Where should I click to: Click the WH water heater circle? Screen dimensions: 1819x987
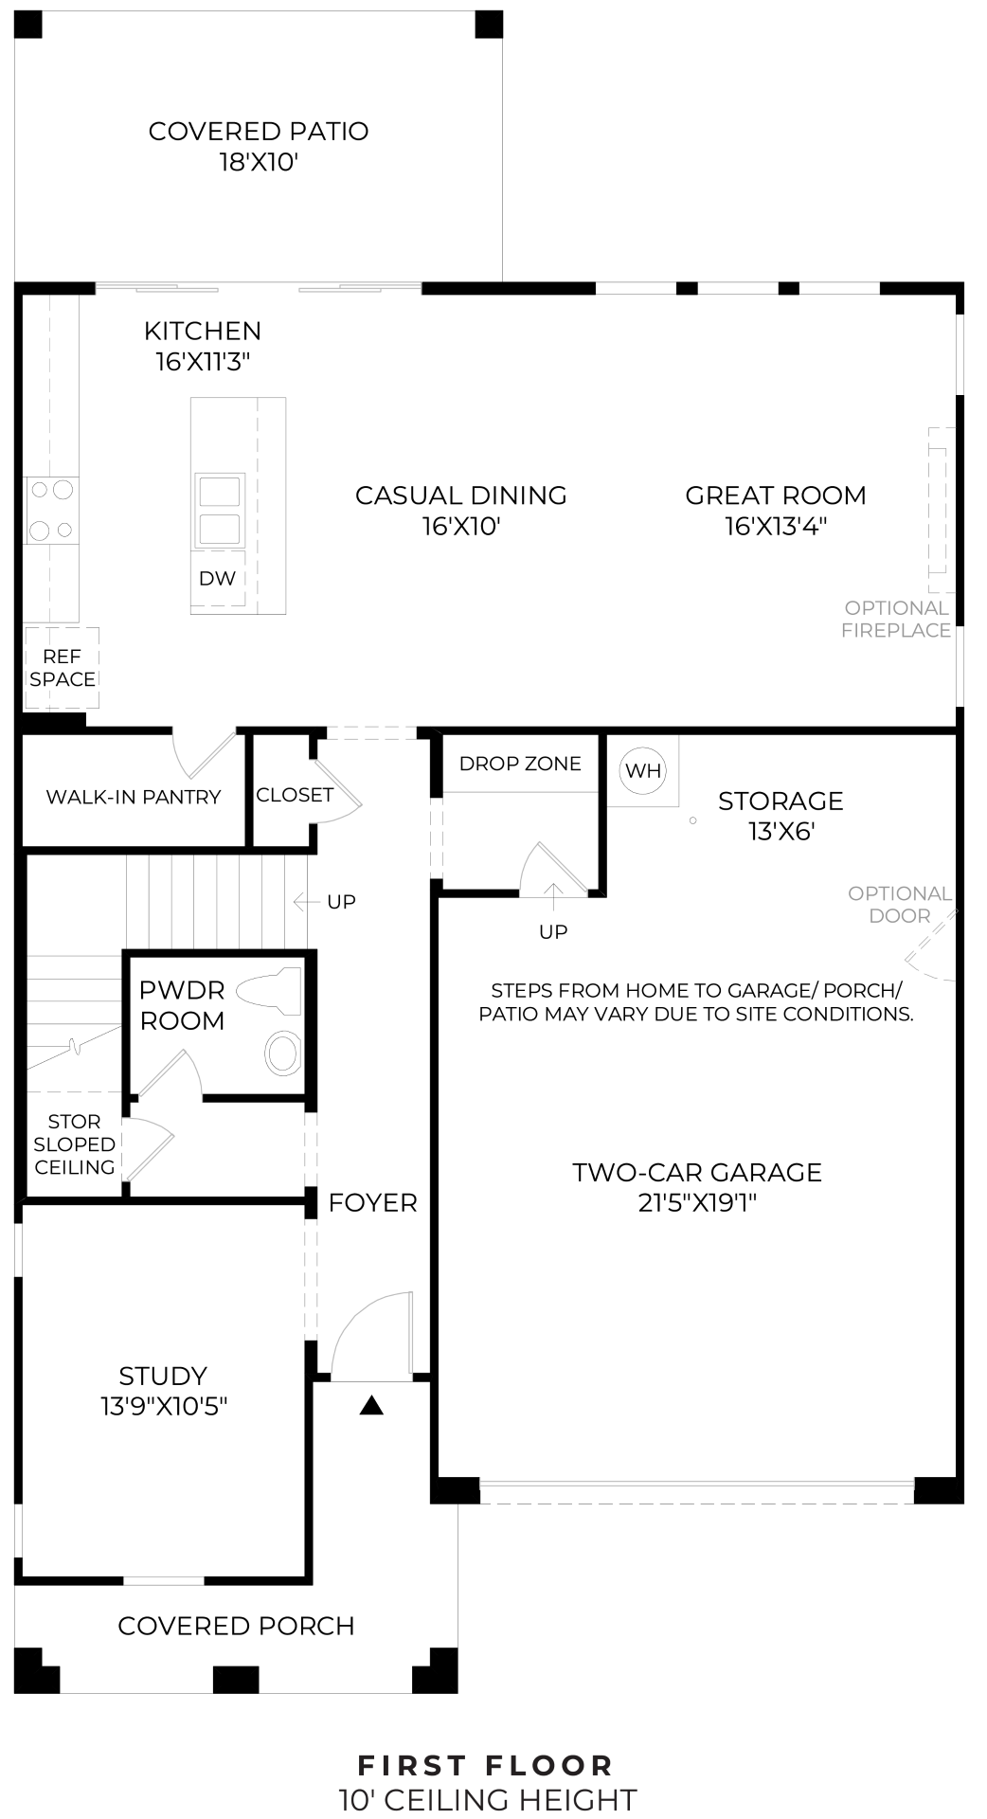pyautogui.click(x=643, y=770)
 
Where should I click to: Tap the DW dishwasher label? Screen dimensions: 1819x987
pyautogui.click(x=217, y=579)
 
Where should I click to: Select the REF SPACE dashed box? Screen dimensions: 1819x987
pyautogui.click(x=62, y=668)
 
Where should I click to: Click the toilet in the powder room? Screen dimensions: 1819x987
pyautogui.click(x=270, y=992)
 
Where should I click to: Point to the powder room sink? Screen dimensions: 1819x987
pyautogui.click(x=282, y=1054)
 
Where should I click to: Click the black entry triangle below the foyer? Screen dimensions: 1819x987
pyautogui.click(x=371, y=1407)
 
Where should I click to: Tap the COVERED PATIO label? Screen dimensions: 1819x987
pyautogui.click(x=259, y=132)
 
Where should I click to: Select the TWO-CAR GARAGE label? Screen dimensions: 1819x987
pyautogui.click(x=697, y=1173)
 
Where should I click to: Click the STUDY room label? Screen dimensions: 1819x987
pyautogui.click(x=163, y=1376)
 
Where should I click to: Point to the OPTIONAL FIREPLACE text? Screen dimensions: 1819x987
pyautogui.click(x=896, y=619)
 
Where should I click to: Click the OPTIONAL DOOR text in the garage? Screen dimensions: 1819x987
pyautogui.click(x=899, y=905)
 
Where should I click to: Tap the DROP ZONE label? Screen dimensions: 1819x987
pyautogui.click(x=520, y=764)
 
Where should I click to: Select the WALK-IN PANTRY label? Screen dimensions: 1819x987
pyautogui.click(x=134, y=798)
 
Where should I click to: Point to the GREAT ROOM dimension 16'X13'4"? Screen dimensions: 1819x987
pyautogui.click(x=776, y=527)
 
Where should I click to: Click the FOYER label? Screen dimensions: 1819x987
pyautogui.click(x=372, y=1203)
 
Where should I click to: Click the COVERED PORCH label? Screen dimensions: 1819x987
pyautogui.click(x=236, y=1627)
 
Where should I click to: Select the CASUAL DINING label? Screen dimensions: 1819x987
pyautogui.click(x=461, y=495)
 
